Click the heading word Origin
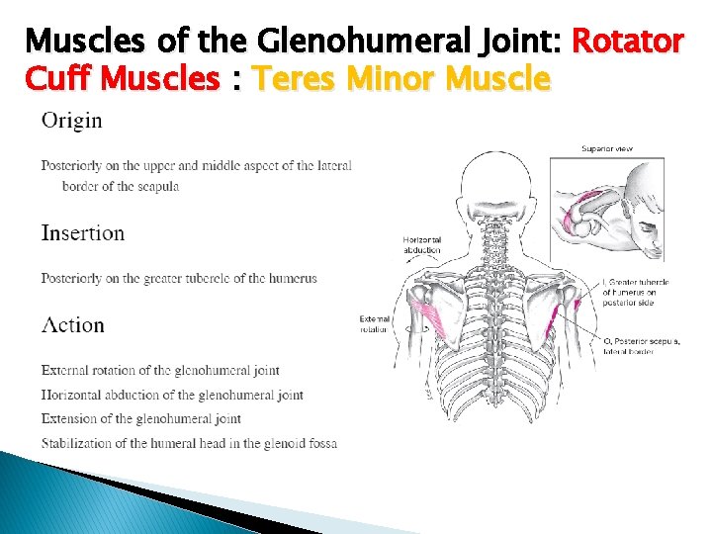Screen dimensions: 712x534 [71, 122]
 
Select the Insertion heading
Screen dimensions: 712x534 [83, 234]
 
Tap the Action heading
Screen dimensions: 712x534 [73, 325]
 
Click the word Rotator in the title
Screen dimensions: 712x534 [628, 42]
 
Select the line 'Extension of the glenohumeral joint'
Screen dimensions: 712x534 [141, 419]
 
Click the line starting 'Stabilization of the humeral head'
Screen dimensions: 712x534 [189, 443]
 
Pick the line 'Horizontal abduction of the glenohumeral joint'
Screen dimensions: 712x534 [172, 396]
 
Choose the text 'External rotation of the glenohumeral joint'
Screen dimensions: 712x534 [160, 371]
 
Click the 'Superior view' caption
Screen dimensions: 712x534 [607, 149]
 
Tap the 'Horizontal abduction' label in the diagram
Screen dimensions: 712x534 [421, 244]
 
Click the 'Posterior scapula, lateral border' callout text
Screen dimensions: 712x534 [643, 346]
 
